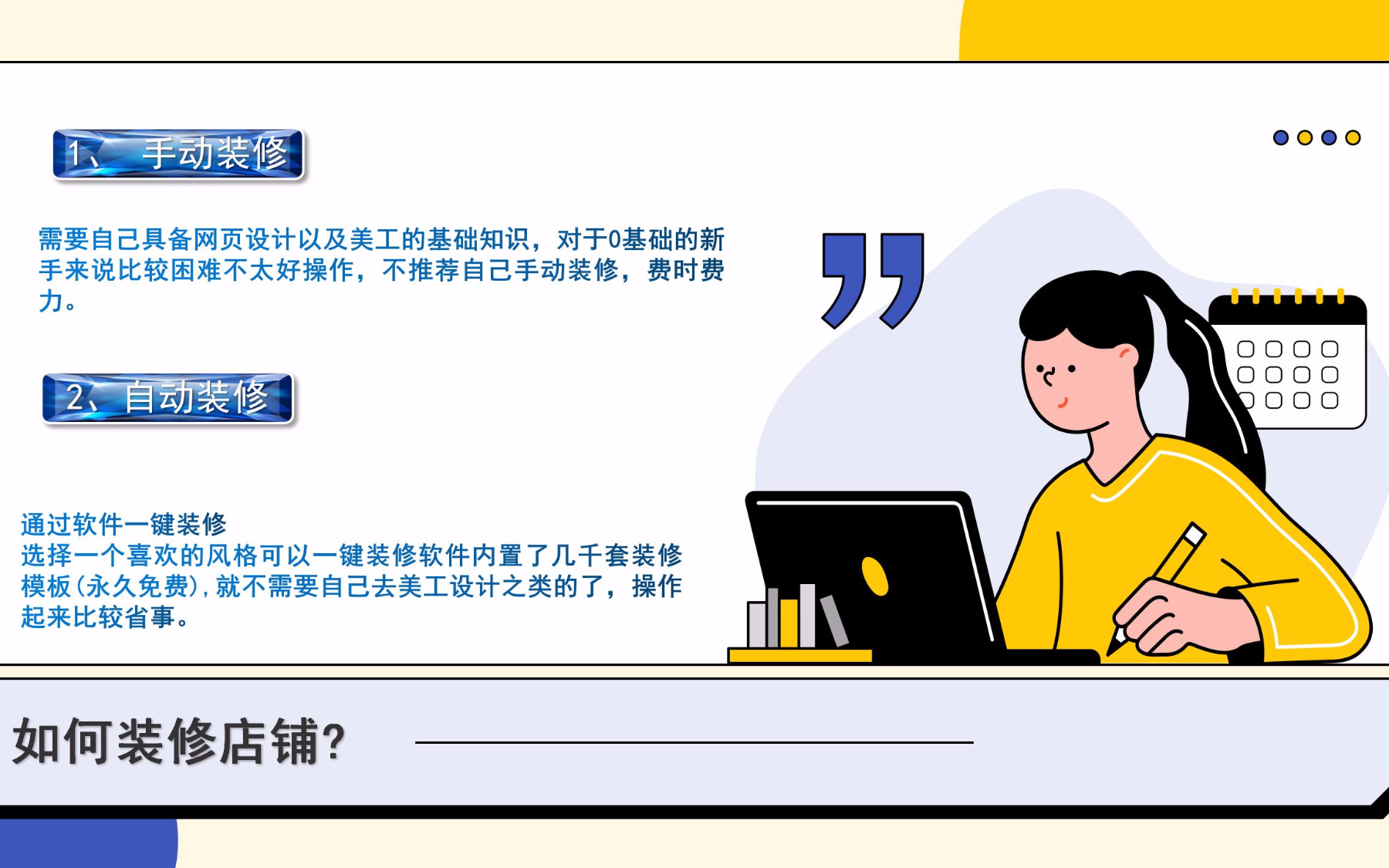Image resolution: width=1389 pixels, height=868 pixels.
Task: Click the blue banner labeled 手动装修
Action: [178, 154]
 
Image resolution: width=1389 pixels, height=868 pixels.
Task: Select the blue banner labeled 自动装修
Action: [168, 398]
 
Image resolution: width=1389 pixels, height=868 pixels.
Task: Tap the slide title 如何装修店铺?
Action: [179, 741]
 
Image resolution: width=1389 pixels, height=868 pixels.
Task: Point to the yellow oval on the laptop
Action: [874, 576]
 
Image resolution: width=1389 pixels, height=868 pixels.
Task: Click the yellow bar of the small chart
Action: [789, 623]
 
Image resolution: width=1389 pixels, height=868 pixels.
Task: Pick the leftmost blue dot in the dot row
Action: [1281, 137]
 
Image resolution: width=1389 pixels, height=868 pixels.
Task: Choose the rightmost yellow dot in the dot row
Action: [1353, 137]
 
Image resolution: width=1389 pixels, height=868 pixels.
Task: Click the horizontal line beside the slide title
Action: [694, 742]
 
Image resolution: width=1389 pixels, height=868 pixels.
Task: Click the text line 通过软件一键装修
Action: [123, 525]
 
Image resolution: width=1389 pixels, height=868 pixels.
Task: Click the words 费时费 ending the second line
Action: [686, 270]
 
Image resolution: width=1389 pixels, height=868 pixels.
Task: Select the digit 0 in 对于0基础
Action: [614, 239]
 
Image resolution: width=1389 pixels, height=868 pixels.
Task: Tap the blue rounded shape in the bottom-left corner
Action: [89, 843]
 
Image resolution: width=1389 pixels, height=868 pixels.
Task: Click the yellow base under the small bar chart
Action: [800, 656]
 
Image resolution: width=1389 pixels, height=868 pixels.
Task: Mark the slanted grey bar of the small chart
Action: [833, 620]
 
